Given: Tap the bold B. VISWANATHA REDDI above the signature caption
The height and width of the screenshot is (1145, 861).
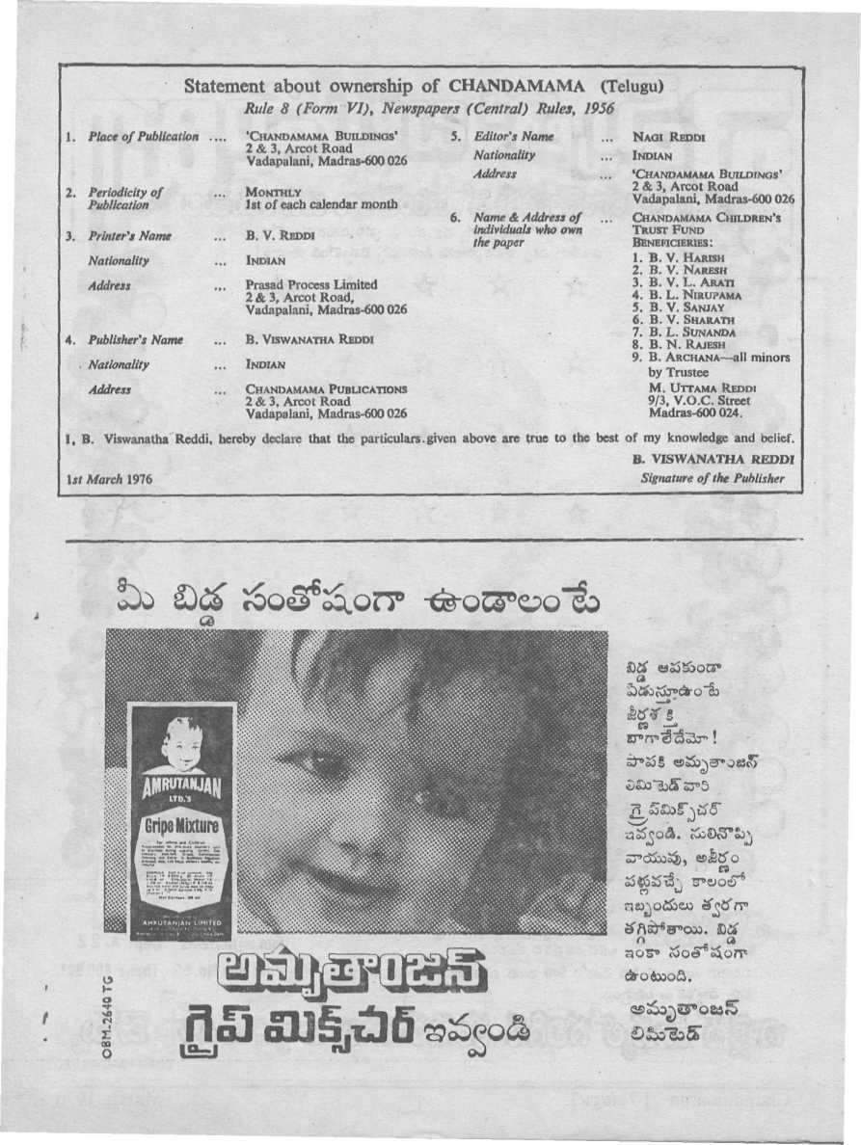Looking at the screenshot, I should click(714, 460).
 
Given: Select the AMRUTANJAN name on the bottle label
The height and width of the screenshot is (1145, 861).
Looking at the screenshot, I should click(181, 787).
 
